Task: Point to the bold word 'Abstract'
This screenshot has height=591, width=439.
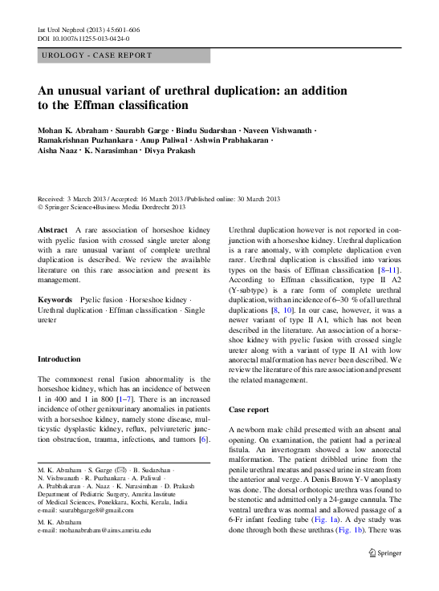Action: (52, 230)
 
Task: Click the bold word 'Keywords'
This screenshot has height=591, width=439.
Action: (55, 298)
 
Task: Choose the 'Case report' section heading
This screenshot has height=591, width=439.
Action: (249, 409)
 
